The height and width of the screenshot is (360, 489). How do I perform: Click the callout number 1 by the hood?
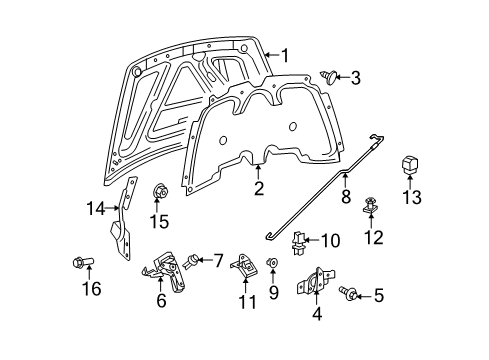coord(285,56)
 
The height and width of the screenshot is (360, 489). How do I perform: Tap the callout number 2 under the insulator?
coord(259,188)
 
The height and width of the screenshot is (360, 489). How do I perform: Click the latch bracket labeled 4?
coord(312,286)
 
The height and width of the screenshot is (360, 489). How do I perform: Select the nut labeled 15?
coord(157,190)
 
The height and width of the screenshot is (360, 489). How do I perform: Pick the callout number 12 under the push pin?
coord(374,237)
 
